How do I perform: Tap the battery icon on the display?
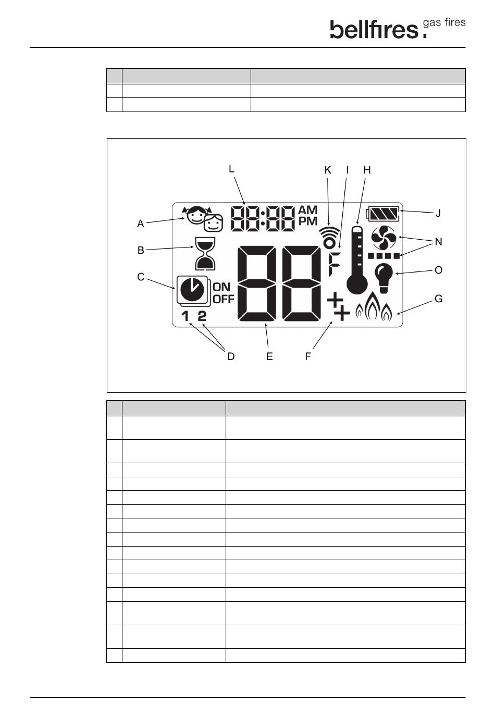point(385,214)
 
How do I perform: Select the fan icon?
point(384,239)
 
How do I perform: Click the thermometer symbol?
point(357,259)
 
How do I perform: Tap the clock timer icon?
point(192,290)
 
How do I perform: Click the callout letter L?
point(231,169)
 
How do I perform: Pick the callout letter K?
point(328,170)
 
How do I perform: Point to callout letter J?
point(438,213)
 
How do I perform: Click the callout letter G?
point(438,299)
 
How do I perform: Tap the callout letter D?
point(231,356)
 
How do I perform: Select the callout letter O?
point(438,270)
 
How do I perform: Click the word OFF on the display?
point(224,299)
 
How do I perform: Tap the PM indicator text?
point(307,221)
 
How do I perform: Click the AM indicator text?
point(307,210)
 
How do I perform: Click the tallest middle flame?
point(373,307)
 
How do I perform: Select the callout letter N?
point(438,242)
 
